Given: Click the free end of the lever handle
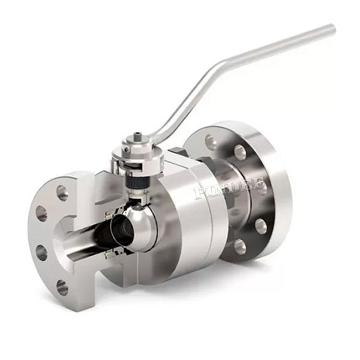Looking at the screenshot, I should [x=331, y=28].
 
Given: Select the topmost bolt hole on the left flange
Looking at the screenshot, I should [x=62, y=193].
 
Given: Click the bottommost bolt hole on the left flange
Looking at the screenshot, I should [x=62, y=287].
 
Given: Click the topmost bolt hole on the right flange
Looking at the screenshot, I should [x=211, y=142].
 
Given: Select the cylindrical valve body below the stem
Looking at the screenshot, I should [x=186, y=222].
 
